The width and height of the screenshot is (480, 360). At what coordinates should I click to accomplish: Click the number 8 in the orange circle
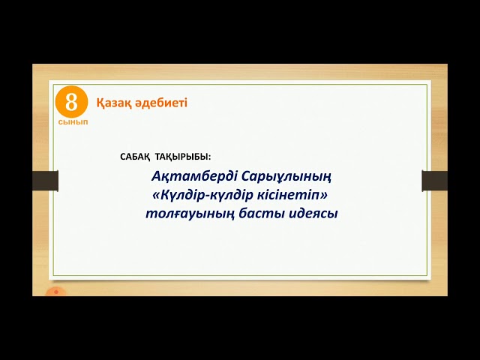[72, 102]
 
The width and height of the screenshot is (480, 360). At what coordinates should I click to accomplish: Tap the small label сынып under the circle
[72, 121]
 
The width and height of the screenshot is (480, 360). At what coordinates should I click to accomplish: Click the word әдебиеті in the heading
[161, 103]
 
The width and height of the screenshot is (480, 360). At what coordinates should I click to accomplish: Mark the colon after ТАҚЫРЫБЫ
[210, 157]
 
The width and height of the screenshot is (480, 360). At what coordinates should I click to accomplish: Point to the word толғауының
[188, 214]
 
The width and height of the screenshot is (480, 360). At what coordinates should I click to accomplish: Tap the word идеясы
[315, 214]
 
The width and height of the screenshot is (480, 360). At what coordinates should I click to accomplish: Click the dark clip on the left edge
[46, 181]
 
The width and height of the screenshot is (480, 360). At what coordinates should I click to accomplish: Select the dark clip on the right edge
[434, 181]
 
